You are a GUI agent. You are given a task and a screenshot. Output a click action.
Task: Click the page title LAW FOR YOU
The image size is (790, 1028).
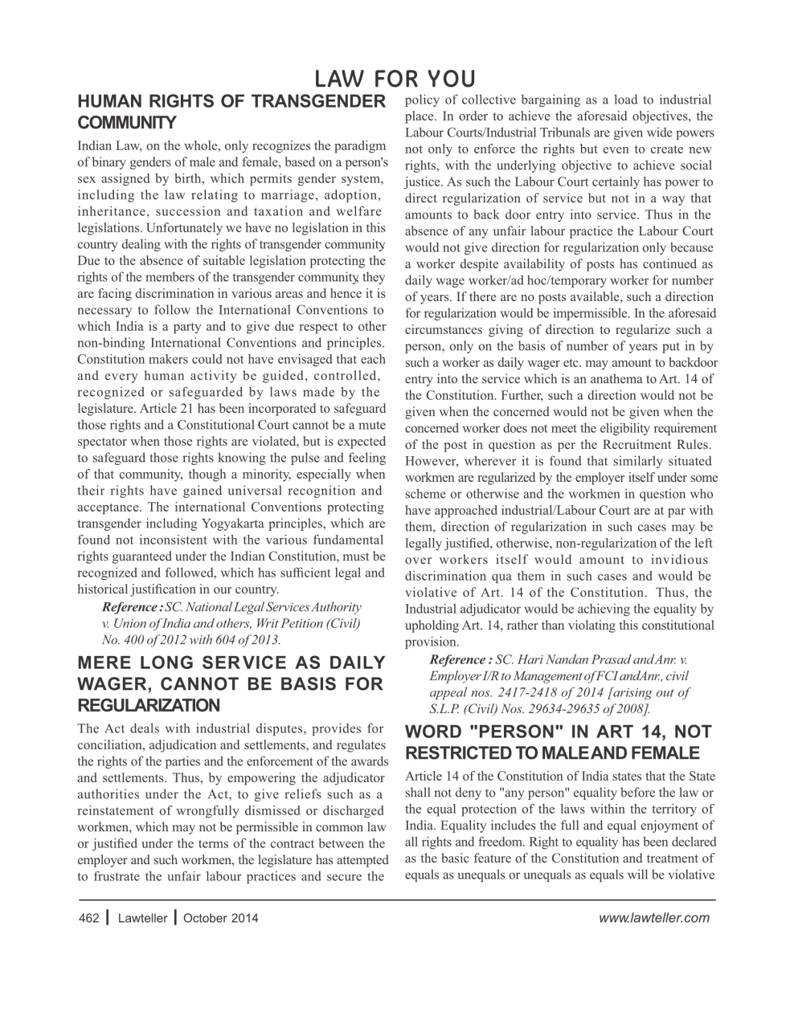[395, 79]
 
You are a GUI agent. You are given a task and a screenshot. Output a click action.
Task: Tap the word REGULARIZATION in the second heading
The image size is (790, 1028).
[149, 705]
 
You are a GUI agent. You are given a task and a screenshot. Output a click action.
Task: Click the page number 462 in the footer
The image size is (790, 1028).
[88, 918]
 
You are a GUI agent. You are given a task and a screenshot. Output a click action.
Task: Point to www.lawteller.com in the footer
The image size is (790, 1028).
[654, 918]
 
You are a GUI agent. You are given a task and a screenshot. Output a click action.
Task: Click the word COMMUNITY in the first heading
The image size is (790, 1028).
[126, 123]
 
